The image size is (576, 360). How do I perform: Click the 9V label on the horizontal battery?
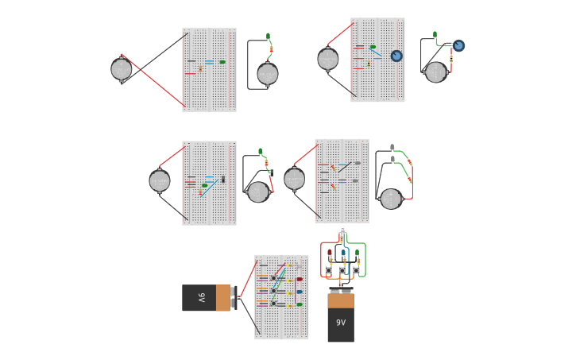tap(202, 298)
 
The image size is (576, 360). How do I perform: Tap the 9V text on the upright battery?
tap(341, 323)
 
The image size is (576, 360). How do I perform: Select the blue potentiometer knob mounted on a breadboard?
tap(396, 56)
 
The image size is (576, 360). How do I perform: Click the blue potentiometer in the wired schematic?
tap(458, 45)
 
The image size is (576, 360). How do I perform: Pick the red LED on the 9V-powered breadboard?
tap(299, 279)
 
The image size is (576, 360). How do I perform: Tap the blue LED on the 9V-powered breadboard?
tap(299, 292)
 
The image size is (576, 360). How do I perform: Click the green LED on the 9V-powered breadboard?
tap(299, 304)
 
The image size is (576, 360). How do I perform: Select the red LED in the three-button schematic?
tap(330, 253)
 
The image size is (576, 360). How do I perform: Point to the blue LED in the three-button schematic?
tap(343, 253)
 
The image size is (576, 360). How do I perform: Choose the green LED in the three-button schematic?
tap(357, 253)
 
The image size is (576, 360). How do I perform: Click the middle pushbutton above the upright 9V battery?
tap(342, 270)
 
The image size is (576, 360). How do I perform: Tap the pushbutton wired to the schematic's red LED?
tap(329, 270)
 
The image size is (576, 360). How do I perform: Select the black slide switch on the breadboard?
tap(223, 179)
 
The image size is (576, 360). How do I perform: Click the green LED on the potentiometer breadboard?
tap(373, 47)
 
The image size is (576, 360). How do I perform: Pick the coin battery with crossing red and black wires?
tap(122, 69)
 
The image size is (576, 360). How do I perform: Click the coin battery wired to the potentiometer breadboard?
tap(328, 60)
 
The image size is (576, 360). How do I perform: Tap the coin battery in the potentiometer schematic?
tap(435, 72)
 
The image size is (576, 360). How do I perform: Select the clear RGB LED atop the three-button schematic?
tap(342, 230)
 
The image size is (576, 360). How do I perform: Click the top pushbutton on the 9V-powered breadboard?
tap(273, 278)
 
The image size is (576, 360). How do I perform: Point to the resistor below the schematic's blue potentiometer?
tap(451, 59)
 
